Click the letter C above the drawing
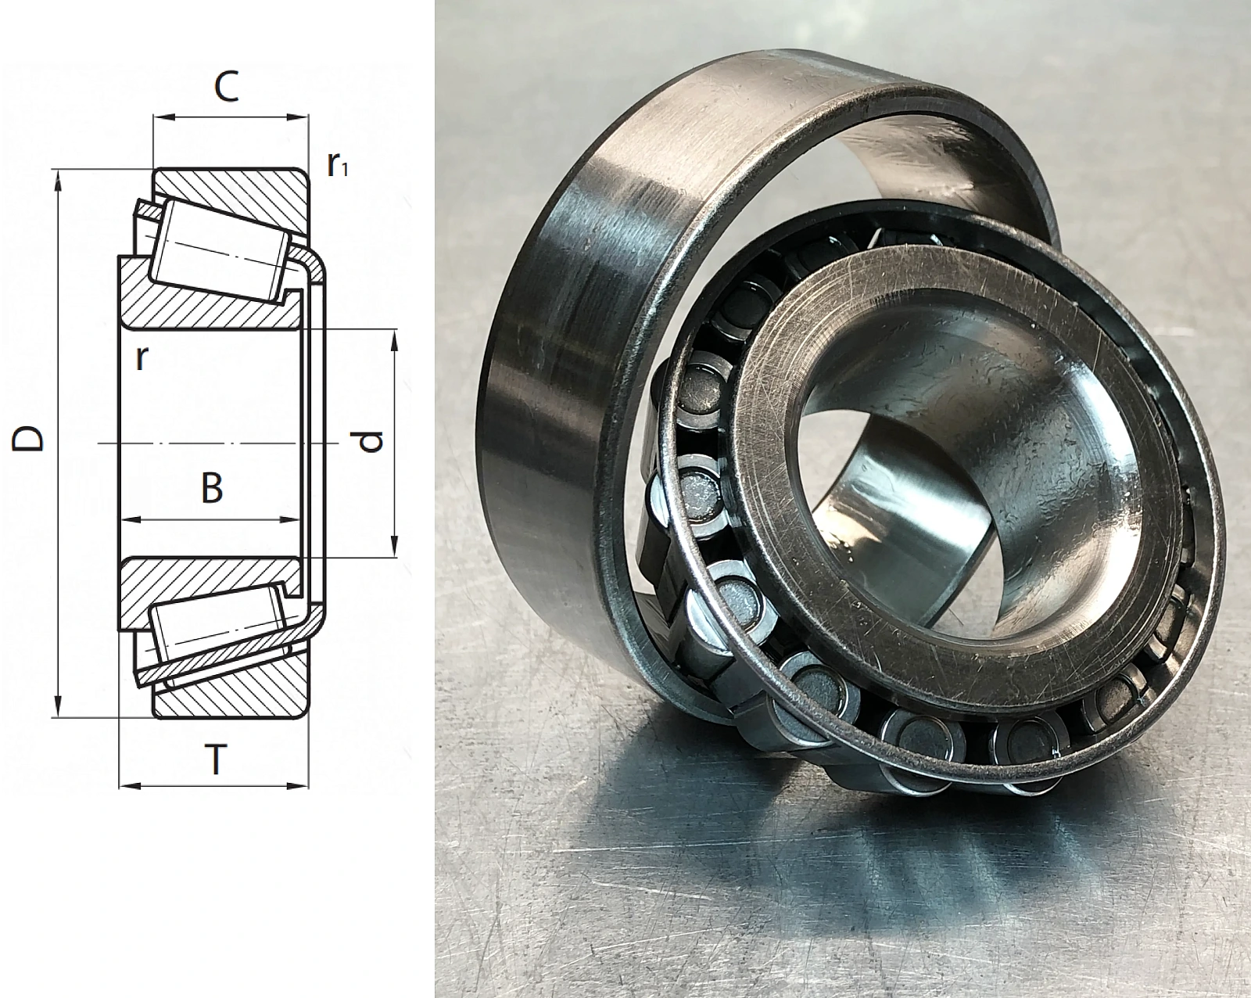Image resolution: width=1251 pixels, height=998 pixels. point(226,88)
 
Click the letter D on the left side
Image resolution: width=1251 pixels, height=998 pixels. point(28,438)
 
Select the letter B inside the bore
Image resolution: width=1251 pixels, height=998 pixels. point(212,489)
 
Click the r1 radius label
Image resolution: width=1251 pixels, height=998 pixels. point(336,165)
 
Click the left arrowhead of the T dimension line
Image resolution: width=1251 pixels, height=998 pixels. point(128,786)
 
